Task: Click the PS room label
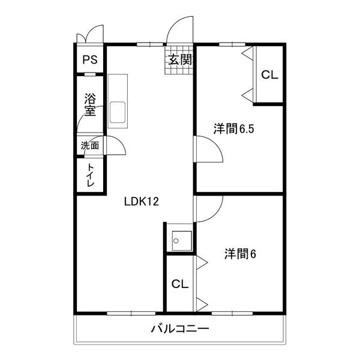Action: tap(90, 59)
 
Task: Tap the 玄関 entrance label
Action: tap(179, 59)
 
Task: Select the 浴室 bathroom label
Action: tap(90, 104)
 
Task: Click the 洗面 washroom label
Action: tap(90, 145)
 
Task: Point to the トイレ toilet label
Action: tap(90, 176)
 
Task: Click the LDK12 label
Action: tap(141, 202)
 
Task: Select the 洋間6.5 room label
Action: tap(230, 128)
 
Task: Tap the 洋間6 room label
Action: tap(240, 254)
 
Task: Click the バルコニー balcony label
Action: tap(179, 329)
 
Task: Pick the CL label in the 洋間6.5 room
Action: tap(269, 75)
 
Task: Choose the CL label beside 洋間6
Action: tap(180, 284)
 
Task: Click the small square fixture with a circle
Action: tap(179, 241)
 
